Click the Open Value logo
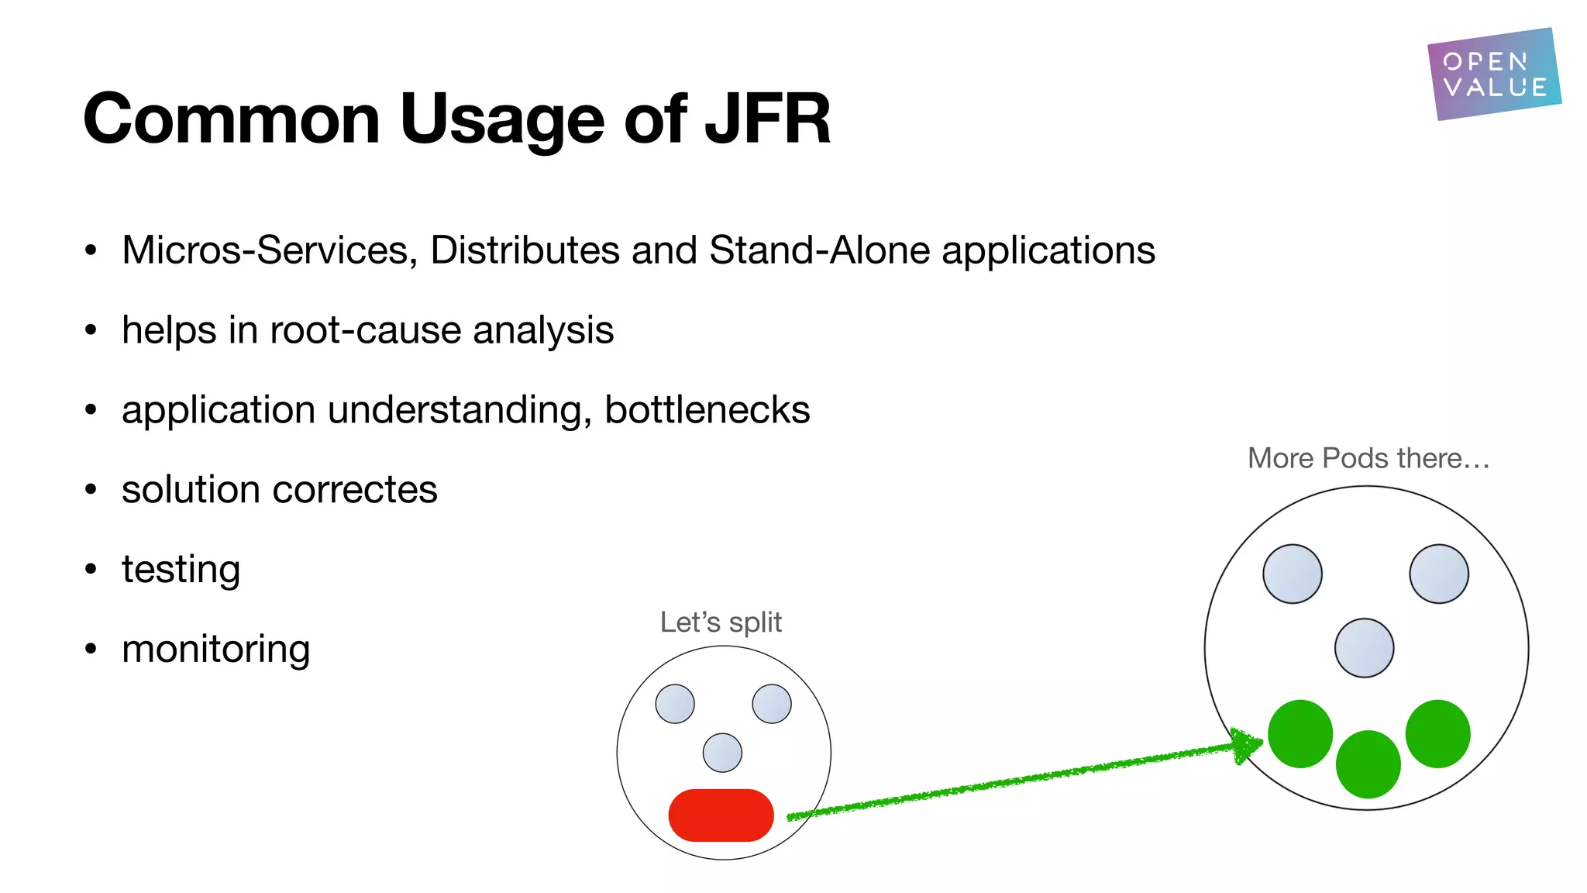1493,74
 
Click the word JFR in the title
767,119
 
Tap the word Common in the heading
231,119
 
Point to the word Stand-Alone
819,250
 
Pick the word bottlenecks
707,410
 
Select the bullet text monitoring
215,650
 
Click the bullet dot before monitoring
91,649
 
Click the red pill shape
721,815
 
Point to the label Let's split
721,622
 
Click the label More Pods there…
1368,458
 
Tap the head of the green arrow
1248,745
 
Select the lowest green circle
1368,764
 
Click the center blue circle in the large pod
1364,648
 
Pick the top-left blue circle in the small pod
675,704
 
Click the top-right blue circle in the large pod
1438,574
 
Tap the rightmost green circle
1437,733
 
